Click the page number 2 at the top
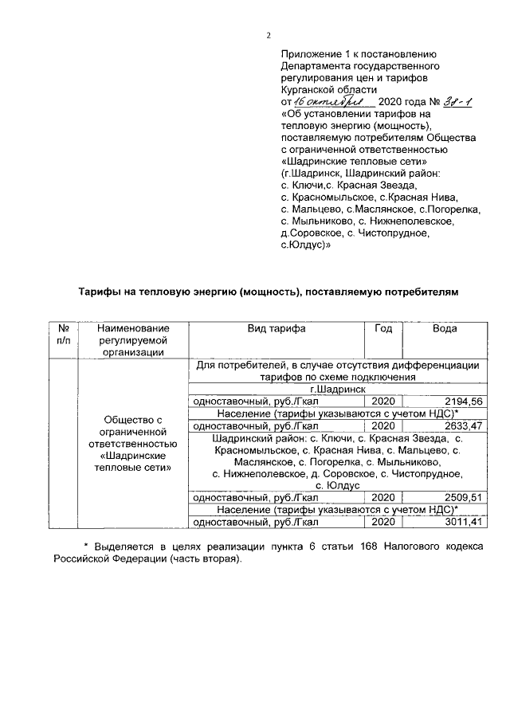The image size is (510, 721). point(269,35)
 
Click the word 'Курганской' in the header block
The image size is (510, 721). point(311,90)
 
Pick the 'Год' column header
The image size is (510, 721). point(383,328)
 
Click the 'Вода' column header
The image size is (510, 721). point(444,328)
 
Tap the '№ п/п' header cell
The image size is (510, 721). point(63,335)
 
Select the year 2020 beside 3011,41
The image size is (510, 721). point(383,522)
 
